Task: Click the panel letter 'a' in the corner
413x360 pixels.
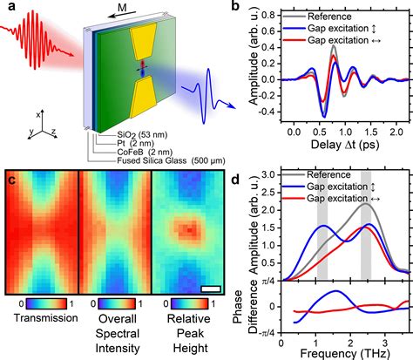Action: (9, 9)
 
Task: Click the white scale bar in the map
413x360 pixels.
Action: (210, 288)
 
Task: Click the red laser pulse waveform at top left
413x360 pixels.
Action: (33, 37)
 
